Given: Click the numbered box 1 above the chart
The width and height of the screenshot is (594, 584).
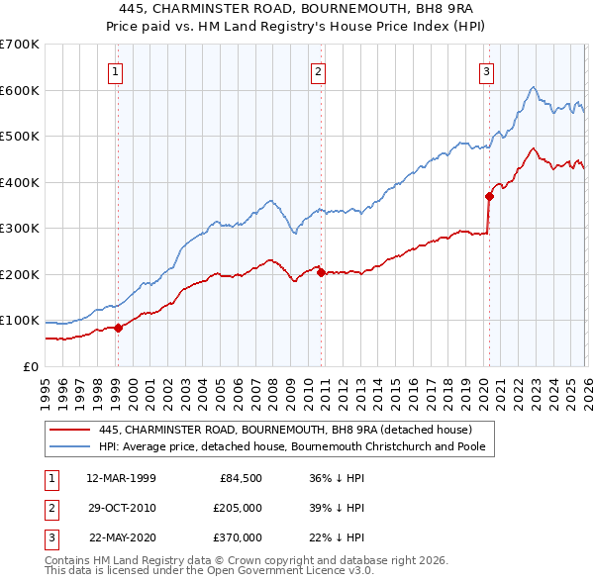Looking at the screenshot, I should [117, 71].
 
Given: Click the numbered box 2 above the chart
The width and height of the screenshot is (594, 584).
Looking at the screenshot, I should [318, 71].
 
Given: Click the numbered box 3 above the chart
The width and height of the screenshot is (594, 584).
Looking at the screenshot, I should [487, 71].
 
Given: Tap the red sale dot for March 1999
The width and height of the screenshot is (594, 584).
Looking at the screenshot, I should [118, 328].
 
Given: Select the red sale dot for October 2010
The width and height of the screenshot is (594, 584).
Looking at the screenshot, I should [321, 272].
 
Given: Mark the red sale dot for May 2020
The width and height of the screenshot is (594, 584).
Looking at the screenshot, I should [489, 196].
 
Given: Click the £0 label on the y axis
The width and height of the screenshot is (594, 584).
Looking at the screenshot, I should [32, 367].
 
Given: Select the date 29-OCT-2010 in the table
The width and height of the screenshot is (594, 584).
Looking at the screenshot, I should [121, 508].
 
